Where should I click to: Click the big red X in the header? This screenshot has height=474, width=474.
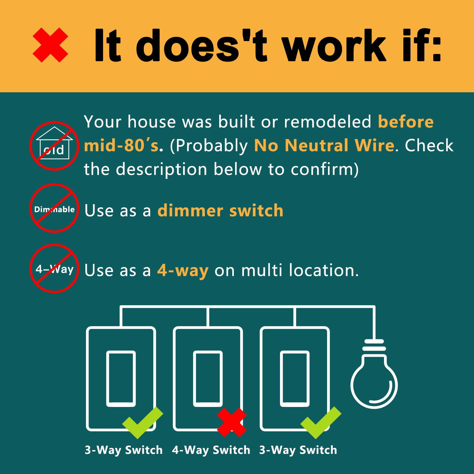50,45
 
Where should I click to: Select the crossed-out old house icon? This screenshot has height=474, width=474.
54,146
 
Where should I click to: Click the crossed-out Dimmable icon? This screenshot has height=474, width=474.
54,209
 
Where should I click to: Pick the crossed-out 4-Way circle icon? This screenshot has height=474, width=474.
54,269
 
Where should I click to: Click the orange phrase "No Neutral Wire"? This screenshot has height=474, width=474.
324,146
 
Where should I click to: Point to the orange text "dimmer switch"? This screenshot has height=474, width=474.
220,210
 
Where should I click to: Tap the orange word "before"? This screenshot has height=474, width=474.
406,122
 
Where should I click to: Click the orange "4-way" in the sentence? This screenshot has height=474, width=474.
183,270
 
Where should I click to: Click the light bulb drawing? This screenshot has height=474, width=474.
374,379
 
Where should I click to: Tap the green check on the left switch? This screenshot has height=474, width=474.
142,422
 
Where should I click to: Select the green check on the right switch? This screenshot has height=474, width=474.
320,422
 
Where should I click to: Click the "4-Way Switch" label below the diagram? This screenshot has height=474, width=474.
211,450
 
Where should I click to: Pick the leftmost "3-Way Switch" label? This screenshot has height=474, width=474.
124,450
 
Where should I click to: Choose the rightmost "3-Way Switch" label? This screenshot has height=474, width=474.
298,450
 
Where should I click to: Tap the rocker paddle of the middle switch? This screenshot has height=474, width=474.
208,378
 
